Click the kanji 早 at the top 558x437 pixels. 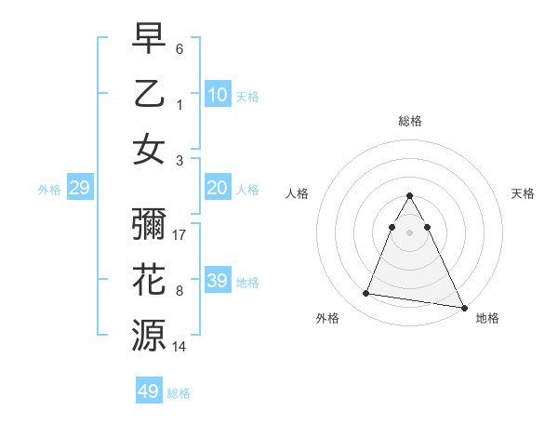149,40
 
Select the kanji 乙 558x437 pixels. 149,94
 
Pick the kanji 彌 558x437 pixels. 149,225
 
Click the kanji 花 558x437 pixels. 149,280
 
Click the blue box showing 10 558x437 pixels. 218,94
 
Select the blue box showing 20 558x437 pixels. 218,188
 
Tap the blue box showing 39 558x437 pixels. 218,281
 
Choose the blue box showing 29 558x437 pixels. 80,188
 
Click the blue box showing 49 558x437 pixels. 149,391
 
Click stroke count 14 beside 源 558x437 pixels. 180,347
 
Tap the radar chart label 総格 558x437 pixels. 410,122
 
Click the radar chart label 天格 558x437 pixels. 524,193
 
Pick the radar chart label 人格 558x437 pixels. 297,193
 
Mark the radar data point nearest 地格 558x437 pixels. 462,306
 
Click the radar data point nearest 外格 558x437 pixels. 366,294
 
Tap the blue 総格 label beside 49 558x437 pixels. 179,392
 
